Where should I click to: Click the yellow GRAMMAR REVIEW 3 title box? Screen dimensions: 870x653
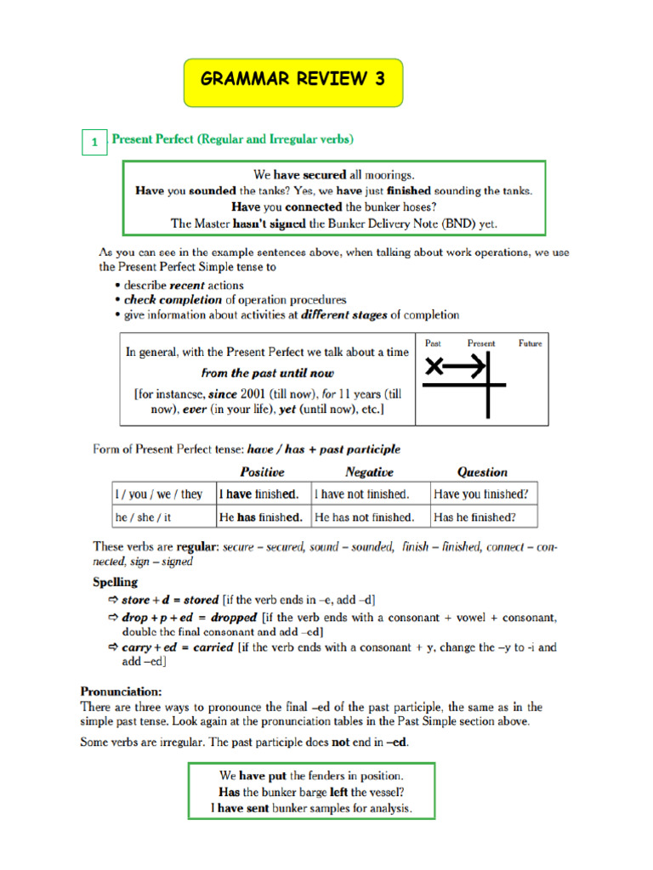(x=293, y=82)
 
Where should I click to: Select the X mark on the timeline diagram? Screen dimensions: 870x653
(x=434, y=367)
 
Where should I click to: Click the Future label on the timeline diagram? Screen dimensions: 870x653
(x=530, y=343)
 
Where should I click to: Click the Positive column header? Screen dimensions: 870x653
(x=262, y=472)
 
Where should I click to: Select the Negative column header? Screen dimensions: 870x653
(x=369, y=472)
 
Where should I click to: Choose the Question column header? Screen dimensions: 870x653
(x=481, y=472)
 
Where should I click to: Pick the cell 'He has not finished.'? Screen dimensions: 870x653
(x=365, y=517)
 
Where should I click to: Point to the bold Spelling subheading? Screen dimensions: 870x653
(x=115, y=583)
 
